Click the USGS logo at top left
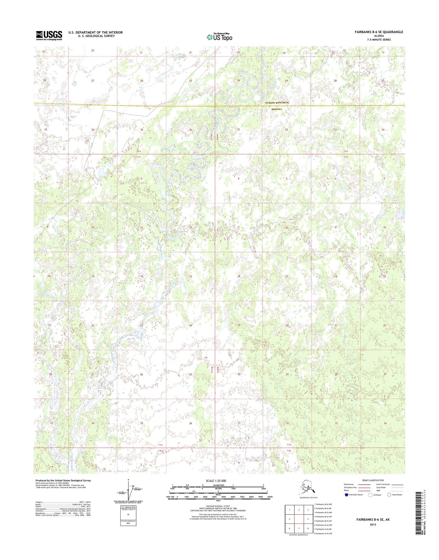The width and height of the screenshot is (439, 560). point(49,36)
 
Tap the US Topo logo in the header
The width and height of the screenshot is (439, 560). point(219,37)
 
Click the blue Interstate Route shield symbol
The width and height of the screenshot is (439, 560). point(346,495)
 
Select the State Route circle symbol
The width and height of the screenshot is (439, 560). point(389,495)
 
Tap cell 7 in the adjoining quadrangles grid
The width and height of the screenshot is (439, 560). point(299,528)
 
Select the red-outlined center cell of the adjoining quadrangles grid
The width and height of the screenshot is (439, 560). point(299,519)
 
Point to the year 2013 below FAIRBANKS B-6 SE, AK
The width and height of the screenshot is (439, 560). point(373,524)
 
